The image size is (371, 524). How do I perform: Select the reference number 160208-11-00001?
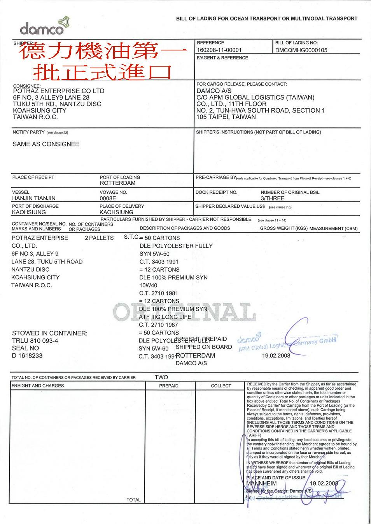point(219,50)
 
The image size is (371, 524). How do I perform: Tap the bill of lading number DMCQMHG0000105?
point(301,50)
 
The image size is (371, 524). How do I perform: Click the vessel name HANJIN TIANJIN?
point(34,198)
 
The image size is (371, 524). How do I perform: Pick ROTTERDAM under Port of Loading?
point(117,183)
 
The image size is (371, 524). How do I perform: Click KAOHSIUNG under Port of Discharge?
point(29,212)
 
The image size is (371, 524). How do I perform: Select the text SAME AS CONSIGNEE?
point(46,144)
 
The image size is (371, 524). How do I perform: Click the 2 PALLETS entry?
point(99,238)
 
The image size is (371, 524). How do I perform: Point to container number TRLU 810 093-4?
point(35,341)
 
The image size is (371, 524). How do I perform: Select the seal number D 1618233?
point(27,356)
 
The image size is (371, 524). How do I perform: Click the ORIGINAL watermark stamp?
point(185,312)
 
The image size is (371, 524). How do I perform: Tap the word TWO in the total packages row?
point(161,377)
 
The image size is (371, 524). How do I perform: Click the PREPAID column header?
point(169,386)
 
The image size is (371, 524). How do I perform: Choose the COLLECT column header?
point(221,386)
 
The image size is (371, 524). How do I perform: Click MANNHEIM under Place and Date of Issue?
point(261,484)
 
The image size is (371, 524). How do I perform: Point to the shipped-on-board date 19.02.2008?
point(276,356)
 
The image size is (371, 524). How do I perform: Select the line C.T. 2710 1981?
point(158,293)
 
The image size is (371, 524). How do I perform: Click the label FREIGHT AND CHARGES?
point(38,386)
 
